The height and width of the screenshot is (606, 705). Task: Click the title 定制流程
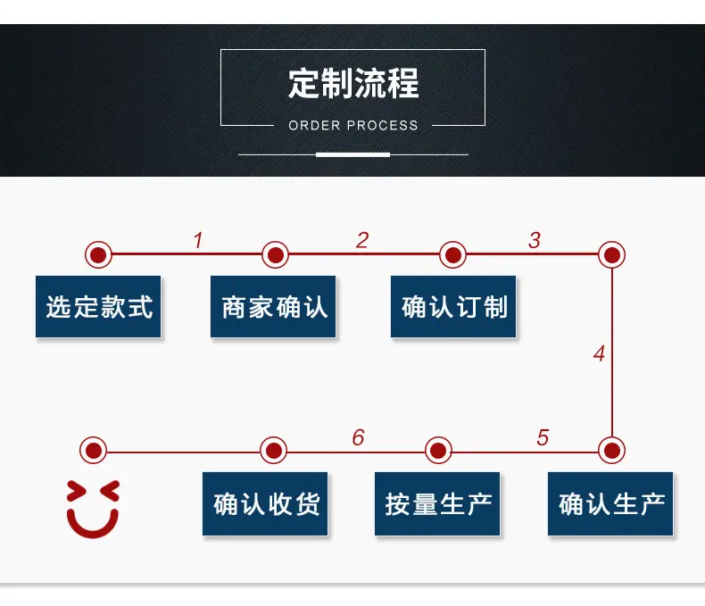353,84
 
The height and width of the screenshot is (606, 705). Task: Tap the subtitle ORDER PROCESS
353,126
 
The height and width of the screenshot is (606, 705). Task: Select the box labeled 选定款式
98,307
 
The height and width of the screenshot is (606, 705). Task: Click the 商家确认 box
273,307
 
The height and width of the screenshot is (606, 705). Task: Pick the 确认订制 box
453,307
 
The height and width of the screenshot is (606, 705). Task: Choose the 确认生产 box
610,503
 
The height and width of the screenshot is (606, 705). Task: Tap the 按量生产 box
437,503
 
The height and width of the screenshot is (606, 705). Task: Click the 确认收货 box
265,503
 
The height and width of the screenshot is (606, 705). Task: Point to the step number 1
198,240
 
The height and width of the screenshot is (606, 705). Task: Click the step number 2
362,240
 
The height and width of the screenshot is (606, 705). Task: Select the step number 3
535,240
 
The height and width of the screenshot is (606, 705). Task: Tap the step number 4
599,353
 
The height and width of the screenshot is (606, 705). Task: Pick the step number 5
543,437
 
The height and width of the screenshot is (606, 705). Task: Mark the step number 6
359,437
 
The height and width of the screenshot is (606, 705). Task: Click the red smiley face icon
93,509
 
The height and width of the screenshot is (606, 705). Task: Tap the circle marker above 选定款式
98,255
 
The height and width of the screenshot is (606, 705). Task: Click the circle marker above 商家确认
275,255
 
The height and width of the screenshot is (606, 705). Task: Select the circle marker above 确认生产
611,450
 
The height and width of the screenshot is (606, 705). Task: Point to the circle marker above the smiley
93,450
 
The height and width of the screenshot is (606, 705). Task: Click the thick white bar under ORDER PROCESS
353,154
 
